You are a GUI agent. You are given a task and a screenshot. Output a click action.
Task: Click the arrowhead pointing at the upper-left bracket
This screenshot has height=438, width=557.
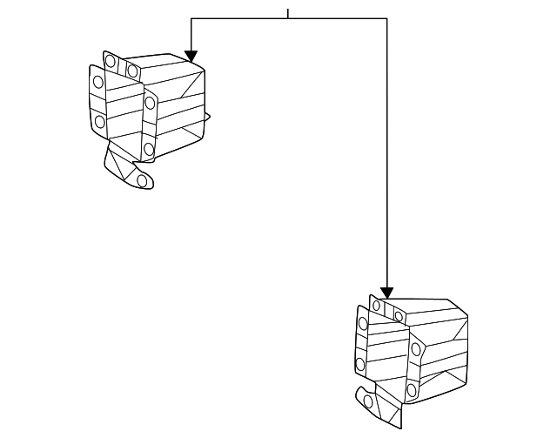tap(191, 55)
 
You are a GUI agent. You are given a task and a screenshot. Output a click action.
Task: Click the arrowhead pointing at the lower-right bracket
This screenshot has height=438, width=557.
tap(386, 293)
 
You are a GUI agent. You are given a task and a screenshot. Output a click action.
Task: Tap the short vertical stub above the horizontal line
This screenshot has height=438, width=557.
tap(288, 13)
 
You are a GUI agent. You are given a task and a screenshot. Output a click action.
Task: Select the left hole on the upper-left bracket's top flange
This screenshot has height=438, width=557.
tap(111, 62)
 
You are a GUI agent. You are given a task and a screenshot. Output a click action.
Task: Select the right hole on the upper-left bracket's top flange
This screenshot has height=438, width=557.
tap(132, 70)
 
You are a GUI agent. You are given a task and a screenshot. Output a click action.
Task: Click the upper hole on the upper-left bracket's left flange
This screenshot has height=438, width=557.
tap(98, 82)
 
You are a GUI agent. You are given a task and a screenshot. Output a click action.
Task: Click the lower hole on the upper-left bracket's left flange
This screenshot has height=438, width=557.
tap(99, 122)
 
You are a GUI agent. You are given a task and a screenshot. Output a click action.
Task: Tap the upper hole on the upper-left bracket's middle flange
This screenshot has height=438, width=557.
tap(150, 103)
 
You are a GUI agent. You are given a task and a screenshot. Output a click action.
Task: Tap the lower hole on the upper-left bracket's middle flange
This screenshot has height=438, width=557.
tap(149, 150)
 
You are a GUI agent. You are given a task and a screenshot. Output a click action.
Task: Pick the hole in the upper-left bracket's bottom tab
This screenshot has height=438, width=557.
tap(142, 180)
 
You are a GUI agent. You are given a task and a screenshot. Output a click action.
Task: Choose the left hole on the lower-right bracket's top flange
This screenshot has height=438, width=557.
tap(377, 306)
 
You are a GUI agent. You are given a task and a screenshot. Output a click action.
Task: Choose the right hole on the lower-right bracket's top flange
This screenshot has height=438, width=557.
tap(399, 315)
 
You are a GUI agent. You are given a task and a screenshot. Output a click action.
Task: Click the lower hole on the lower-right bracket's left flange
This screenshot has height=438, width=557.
tap(360, 364)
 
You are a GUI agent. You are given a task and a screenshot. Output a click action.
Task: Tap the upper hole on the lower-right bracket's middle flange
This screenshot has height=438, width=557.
tap(416, 349)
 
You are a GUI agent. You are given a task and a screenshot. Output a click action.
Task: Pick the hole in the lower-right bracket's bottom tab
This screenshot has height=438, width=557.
tap(368, 402)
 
